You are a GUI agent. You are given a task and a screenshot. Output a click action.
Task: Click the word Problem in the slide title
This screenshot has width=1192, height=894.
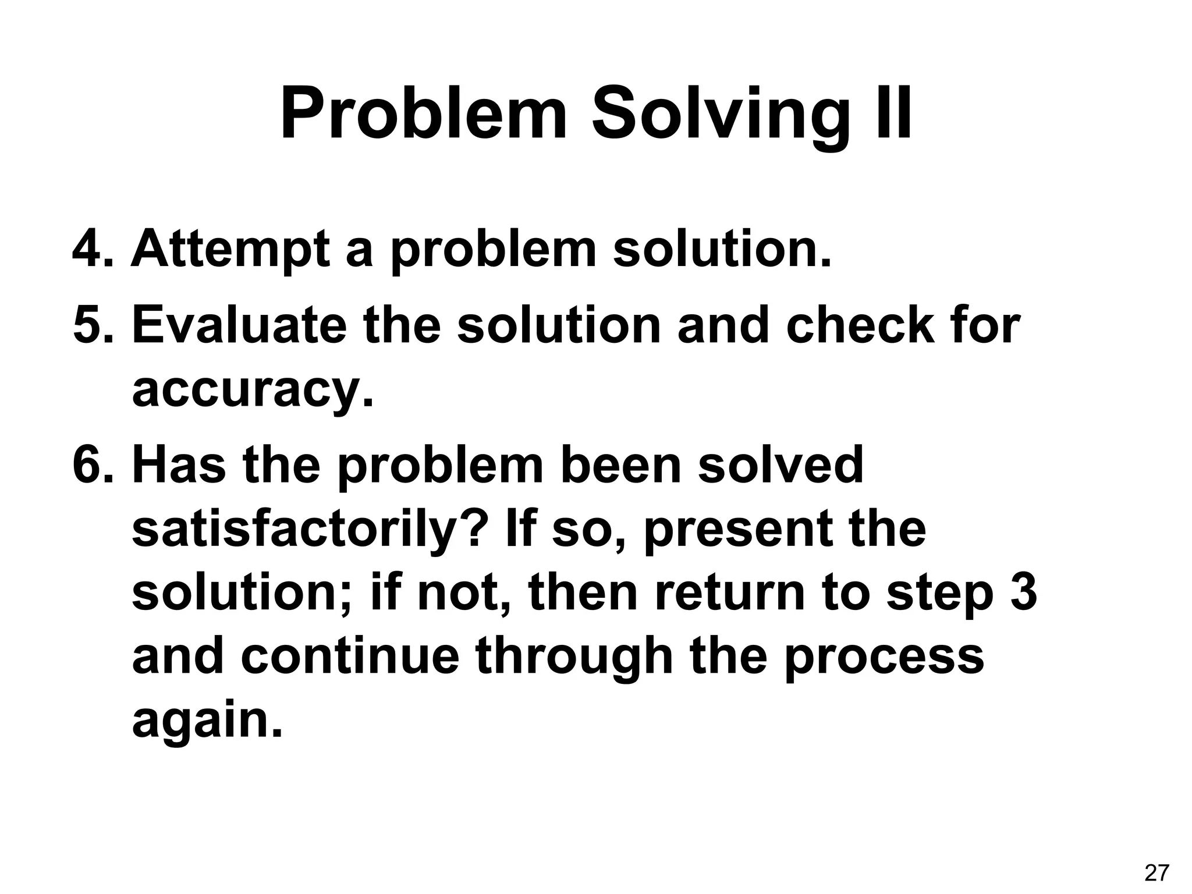(423, 114)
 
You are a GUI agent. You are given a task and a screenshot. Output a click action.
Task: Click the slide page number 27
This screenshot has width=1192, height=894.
(1156, 873)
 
